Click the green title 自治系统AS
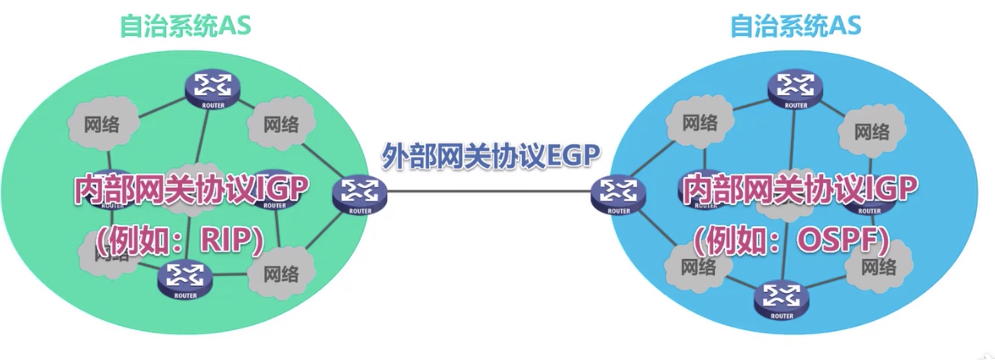click(x=185, y=26)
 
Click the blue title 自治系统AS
click(x=796, y=26)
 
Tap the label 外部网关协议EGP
click(x=490, y=156)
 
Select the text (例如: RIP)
click(x=180, y=241)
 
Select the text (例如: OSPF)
click(x=792, y=241)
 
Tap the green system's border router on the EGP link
click(x=360, y=195)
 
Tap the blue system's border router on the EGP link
click(x=618, y=195)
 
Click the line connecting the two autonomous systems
click(x=488, y=191)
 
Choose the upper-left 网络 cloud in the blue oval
click(x=700, y=123)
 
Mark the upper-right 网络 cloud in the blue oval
click(x=871, y=131)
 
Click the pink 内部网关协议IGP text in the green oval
click(x=191, y=189)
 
